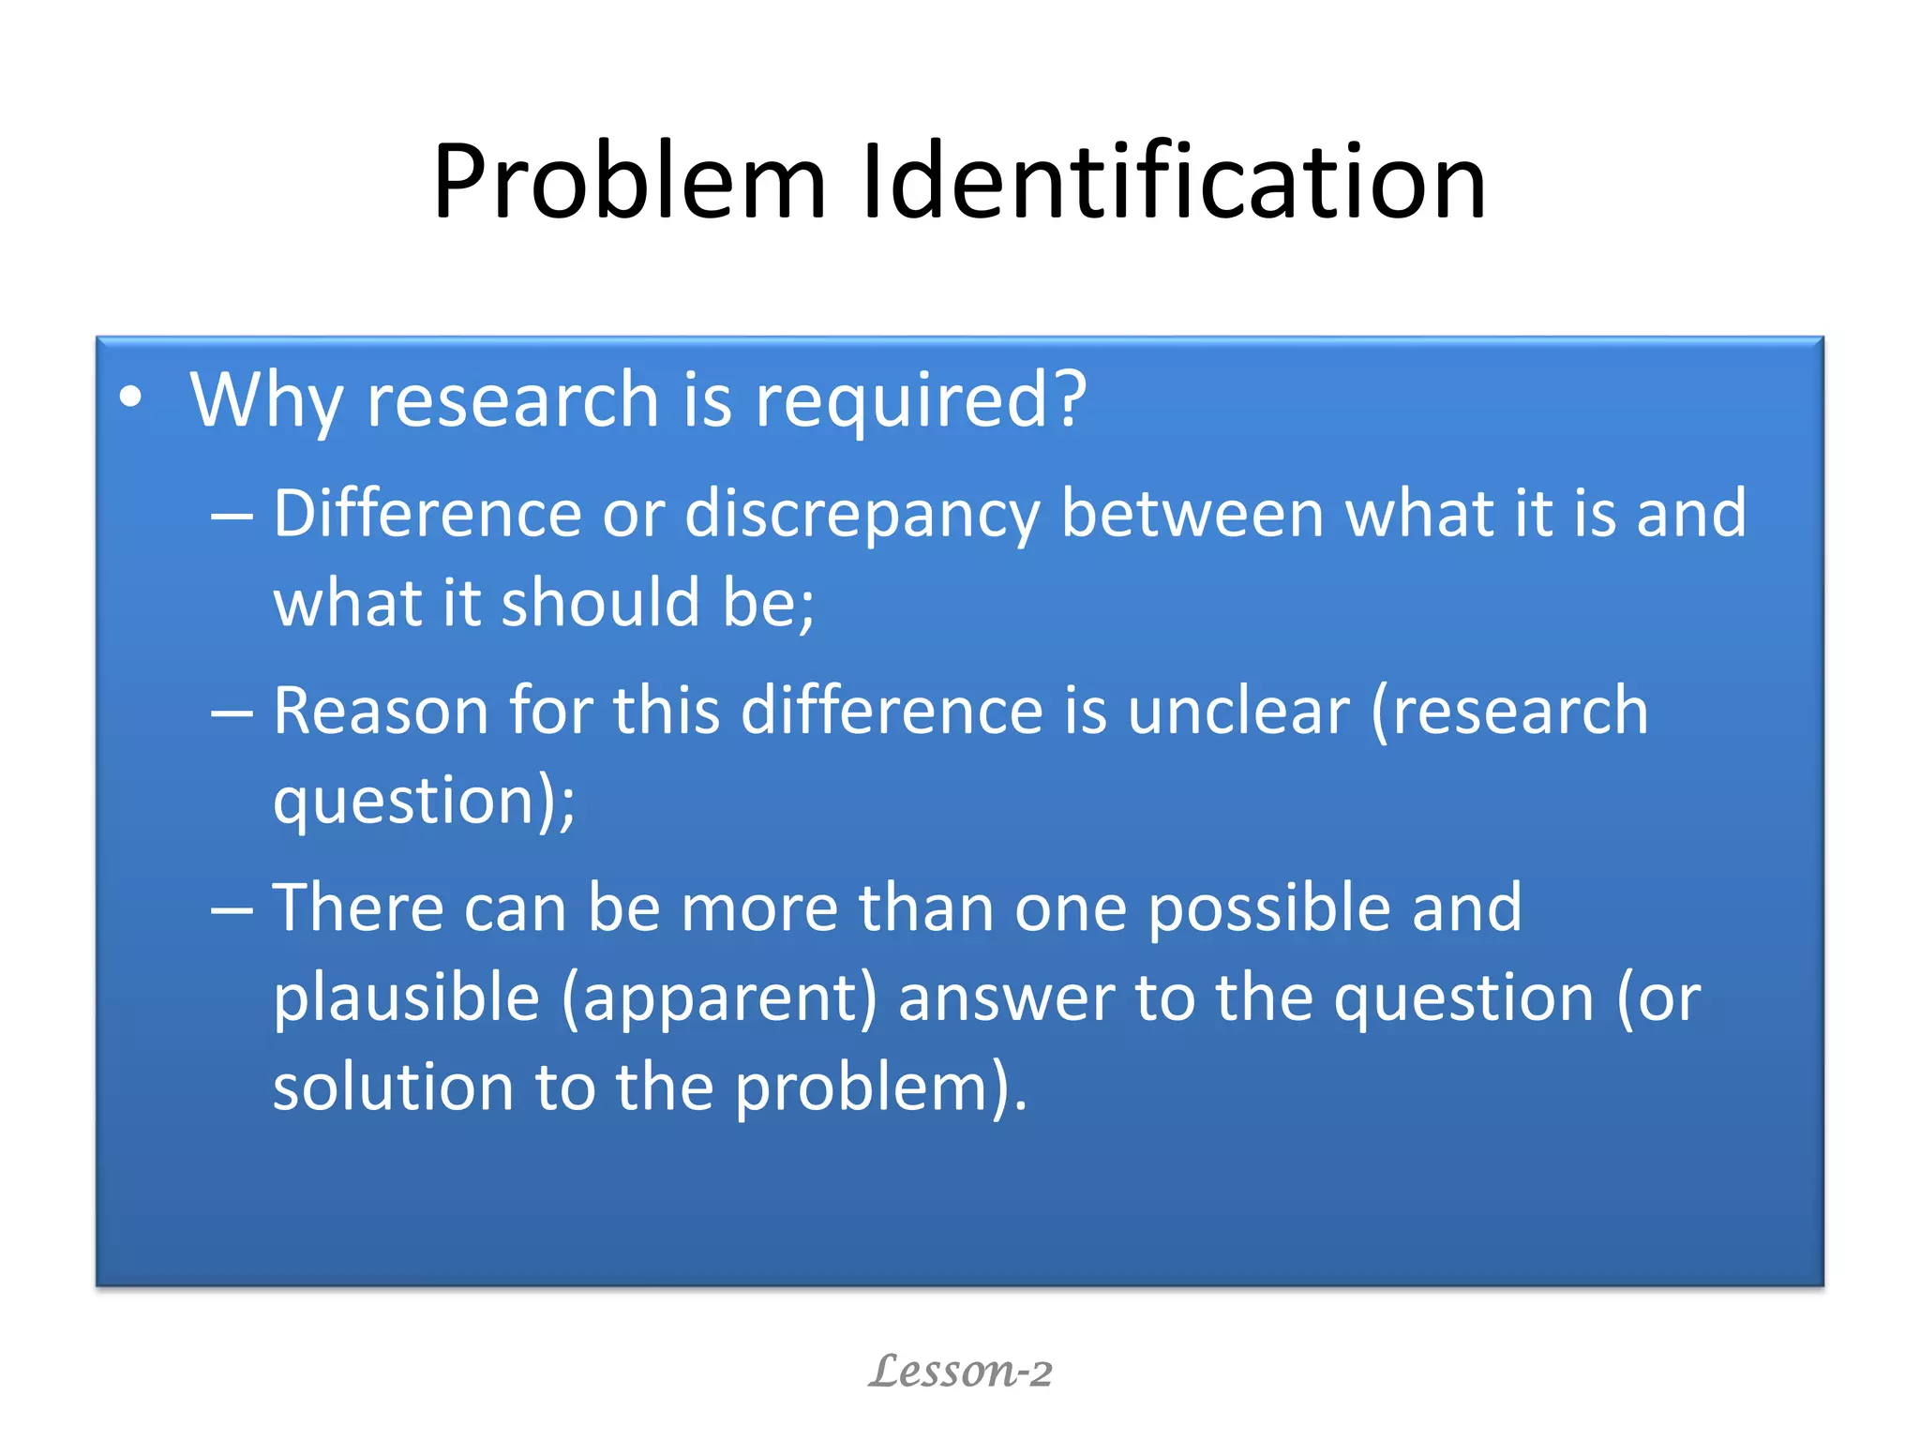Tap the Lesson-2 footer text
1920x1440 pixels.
(x=960, y=1371)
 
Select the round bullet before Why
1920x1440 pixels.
(x=130, y=397)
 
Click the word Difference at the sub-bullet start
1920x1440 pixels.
(x=427, y=514)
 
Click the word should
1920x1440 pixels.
(x=601, y=602)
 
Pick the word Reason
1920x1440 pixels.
(x=381, y=711)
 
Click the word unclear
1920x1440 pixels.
(x=1237, y=711)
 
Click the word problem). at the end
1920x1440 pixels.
(x=881, y=1089)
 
